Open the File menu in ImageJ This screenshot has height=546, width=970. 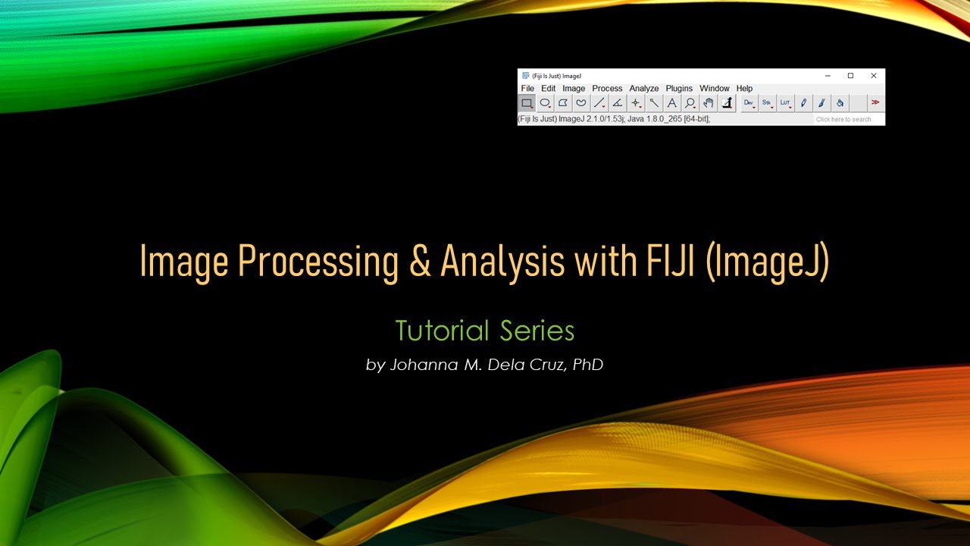(x=527, y=89)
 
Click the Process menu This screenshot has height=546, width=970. (x=607, y=89)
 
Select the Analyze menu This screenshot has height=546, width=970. (x=644, y=89)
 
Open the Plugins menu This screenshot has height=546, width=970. (x=679, y=89)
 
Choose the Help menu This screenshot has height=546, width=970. (x=745, y=89)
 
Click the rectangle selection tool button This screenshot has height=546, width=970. (x=527, y=103)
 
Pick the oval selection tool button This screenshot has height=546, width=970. (x=545, y=103)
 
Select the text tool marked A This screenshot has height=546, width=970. (x=671, y=103)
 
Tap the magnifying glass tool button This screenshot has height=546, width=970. (x=690, y=103)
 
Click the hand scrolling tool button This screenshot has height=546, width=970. (x=708, y=103)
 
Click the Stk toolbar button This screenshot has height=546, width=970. (x=767, y=103)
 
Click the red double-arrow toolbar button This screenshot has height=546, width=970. (x=875, y=102)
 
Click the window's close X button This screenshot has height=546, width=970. (x=874, y=76)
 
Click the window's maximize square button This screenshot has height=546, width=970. (x=850, y=76)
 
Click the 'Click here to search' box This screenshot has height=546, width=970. (x=847, y=119)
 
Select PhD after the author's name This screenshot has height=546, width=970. (x=587, y=365)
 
